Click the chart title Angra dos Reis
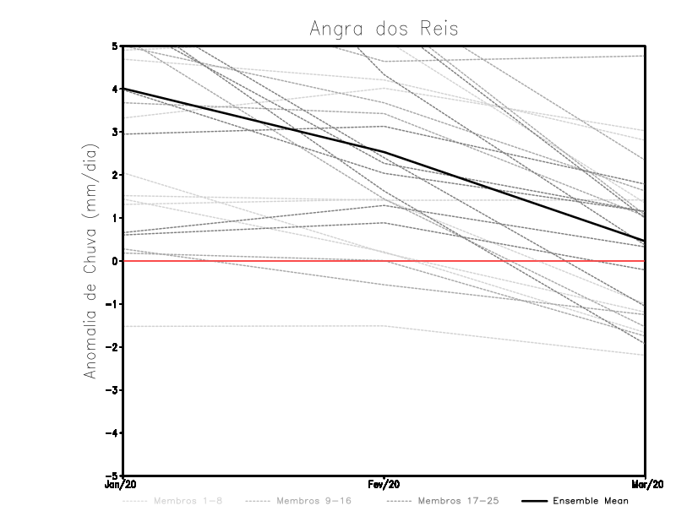384,29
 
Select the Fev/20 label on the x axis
384,485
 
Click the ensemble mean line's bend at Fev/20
384,152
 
